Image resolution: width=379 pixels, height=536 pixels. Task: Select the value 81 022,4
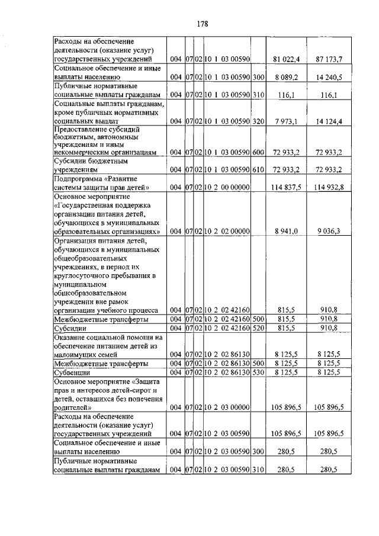point(286,59)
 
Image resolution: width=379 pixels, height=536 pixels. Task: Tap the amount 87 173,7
point(330,59)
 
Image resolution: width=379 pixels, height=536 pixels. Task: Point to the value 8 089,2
point(287,78)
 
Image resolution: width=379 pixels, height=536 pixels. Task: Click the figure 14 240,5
point(330,78)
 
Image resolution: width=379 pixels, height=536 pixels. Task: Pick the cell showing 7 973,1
point(287,121)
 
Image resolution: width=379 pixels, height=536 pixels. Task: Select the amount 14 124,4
point(330,121)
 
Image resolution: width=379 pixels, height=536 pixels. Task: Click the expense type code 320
point(258,121)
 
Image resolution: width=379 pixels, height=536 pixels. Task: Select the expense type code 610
point(258,169)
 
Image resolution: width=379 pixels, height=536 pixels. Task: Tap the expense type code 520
point(258,327)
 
